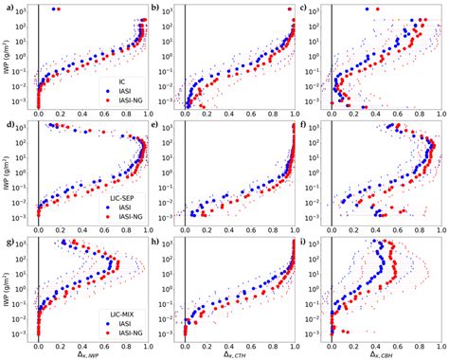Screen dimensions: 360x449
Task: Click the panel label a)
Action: click(x=9, y=7)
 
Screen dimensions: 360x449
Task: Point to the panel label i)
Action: click(x=302, y=242)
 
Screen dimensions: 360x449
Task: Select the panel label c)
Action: click(x=302, y=7)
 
